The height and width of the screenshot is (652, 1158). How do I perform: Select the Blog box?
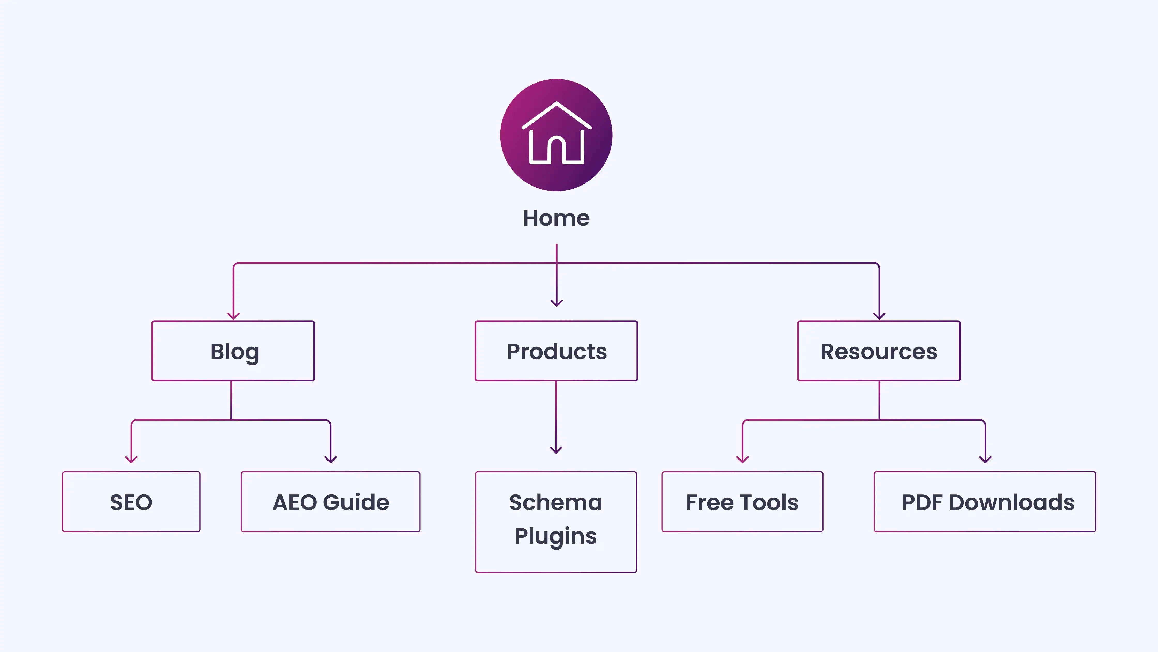(x=233, y=351)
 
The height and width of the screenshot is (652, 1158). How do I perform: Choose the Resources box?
(x=879, y=351)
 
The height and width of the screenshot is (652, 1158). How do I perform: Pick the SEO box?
(x=131, y=502)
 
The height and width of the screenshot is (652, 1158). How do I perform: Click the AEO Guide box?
(x=330, y=502)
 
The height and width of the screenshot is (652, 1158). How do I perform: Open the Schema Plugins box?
(x=556, y=522)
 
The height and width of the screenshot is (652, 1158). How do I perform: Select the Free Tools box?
(x=742, y=502)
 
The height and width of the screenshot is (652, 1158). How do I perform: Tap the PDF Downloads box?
(x=985, y=502)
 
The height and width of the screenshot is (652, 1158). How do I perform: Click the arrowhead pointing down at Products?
(x=557, y=303)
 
